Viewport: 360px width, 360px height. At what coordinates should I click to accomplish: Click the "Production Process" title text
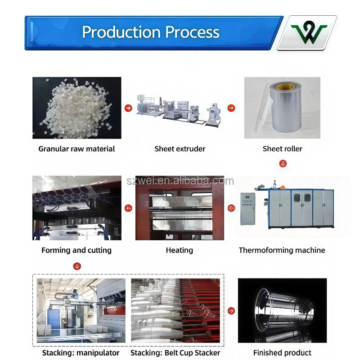click(x=151, y=32)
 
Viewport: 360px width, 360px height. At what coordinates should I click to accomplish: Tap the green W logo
click(x=309, y=33)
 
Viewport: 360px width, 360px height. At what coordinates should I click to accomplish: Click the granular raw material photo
click(x=77, y=108)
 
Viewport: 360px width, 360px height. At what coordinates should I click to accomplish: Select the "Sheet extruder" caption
click(x=180, y=148)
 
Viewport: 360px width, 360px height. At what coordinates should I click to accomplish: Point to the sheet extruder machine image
click(x=180, y=108)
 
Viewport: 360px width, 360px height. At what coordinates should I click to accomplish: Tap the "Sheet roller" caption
click(x=283, y=148)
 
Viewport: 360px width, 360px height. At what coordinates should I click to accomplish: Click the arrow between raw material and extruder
click(x=128, y=108)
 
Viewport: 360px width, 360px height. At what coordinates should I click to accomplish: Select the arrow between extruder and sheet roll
click(x=231, y=108)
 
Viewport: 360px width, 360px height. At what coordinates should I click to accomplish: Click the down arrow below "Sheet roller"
click(x=283, y=163)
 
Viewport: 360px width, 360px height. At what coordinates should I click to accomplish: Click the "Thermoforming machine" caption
click(x=282, y=250)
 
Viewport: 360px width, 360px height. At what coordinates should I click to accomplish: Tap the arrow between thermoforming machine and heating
click(x=231, y=208)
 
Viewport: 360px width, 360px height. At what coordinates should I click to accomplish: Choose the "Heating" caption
click(x=180, y=250)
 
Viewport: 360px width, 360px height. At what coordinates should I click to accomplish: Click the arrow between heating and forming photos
click(x=128, y=208)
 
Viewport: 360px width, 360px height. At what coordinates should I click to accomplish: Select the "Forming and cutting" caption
click(x=76, y=250)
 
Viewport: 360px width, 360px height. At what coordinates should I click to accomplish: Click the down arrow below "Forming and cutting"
click(x=77, y=266)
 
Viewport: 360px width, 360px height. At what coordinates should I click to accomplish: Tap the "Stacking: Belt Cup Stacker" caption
click(x=175, y=353)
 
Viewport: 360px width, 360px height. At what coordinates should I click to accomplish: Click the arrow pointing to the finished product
click(x=231, y=310)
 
